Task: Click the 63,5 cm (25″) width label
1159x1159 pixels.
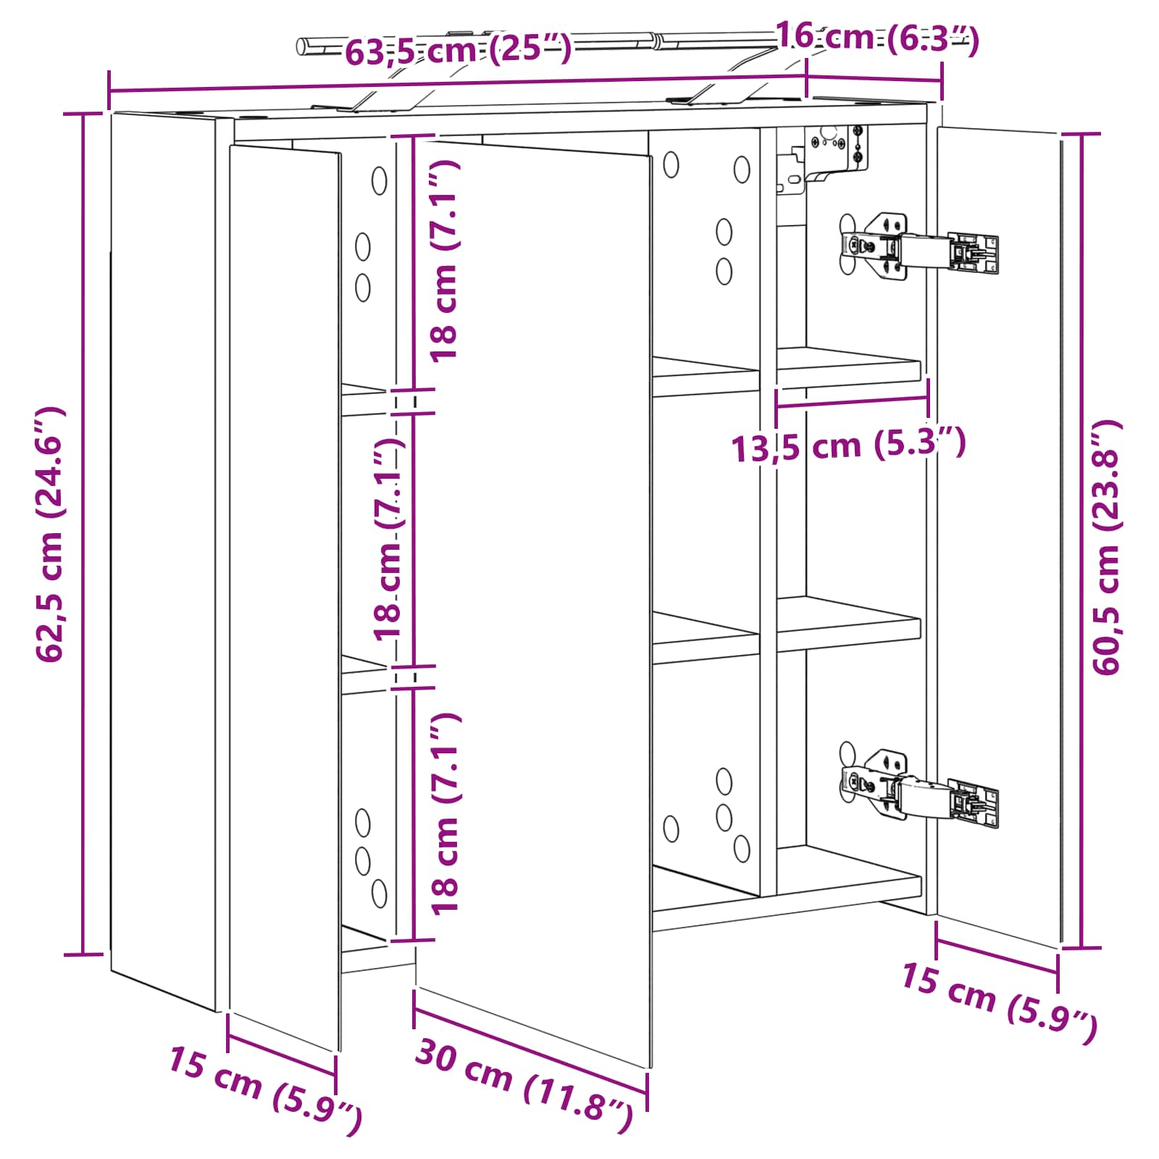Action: [458, 49]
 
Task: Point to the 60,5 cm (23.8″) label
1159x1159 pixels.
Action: [1106, 548]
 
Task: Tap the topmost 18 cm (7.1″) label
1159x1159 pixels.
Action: [444, 260]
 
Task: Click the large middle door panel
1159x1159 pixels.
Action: [533, 604]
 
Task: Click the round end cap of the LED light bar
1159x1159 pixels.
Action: [303, 46]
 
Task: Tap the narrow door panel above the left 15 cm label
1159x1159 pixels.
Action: [285, 597]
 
